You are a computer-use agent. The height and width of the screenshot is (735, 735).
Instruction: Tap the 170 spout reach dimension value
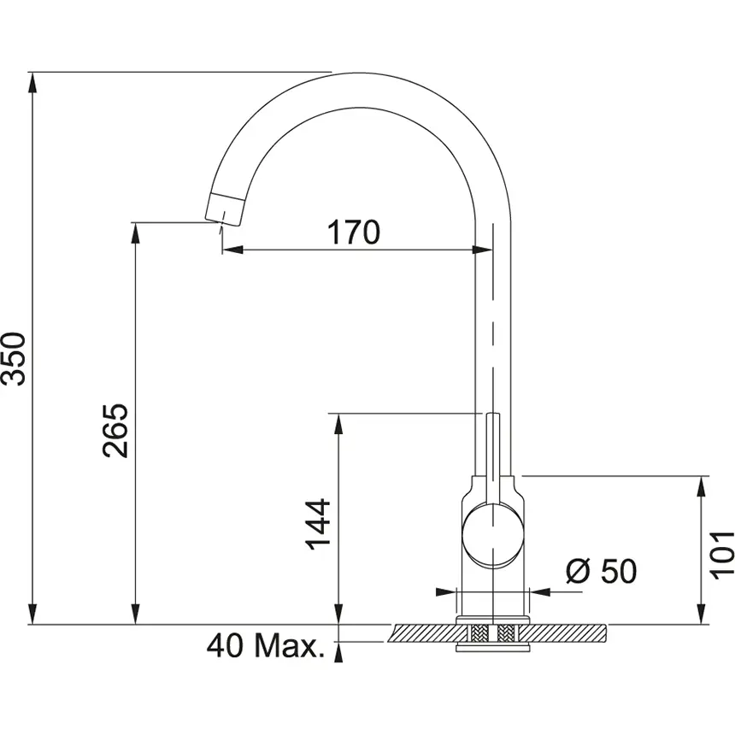coord(353,231)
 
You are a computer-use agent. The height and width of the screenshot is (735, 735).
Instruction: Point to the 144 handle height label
coord(318,524)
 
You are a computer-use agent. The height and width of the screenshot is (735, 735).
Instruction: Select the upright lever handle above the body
coord(493,453)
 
